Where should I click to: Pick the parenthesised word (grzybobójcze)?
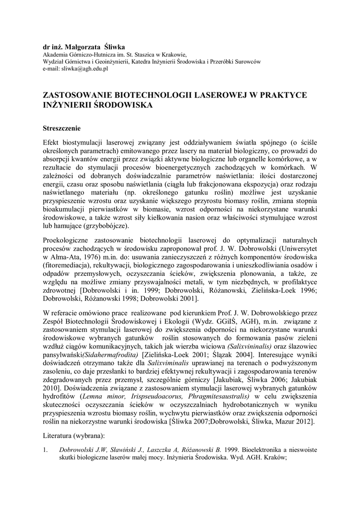(106, 226)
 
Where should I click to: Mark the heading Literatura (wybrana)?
(74, 436)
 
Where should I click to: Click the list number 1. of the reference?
(46, 450)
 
